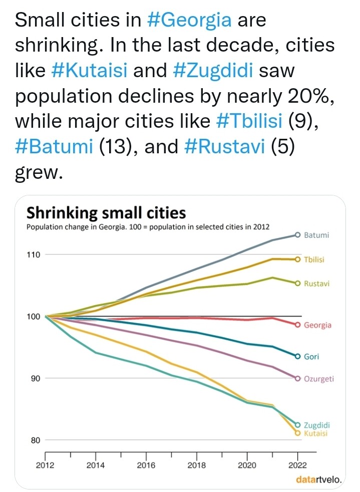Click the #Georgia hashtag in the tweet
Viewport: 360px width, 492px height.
(x=190, y=20)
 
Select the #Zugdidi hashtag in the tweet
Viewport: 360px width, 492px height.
(x=215, y=71)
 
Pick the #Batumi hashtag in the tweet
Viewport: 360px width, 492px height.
(x=55, y=147)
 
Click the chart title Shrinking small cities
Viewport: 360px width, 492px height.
(x=106, y=213)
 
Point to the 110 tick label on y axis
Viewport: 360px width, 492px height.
(x=33, y=254)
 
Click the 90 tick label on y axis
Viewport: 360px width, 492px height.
(x=35, y=378)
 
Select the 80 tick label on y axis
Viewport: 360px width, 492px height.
(x=35, y=440)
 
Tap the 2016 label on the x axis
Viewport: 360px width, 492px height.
(x=146, y=465)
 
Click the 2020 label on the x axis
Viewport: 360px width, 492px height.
(x=247, y=465)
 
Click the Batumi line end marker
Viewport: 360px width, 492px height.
(x=297, y=234)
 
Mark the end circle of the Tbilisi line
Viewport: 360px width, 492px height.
(x=297, y=259)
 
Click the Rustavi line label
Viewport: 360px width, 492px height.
(x=316, y=284)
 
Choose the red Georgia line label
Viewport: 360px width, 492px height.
(x=318, y=325)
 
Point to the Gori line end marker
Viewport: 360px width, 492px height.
(x=297, y=356)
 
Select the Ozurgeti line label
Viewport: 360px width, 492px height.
(x=319, y=378)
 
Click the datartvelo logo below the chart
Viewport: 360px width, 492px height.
(x=319, y=480)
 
